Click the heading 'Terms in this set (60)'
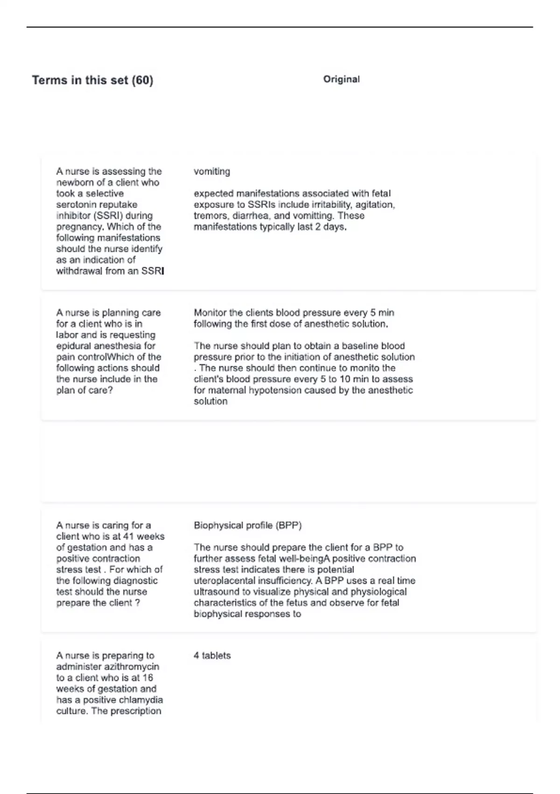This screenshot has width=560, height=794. coord(92,80)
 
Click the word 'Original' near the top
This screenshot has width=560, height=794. coord(341,79)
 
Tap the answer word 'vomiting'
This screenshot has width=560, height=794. coord(212,171)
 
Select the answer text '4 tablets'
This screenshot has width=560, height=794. coord(212,656)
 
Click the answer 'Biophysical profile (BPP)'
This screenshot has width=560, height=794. coord(248,525)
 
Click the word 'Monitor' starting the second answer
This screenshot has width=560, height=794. coord(210,313)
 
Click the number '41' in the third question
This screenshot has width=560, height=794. coord(128,537)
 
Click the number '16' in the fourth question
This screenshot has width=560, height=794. coord(147,678)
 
